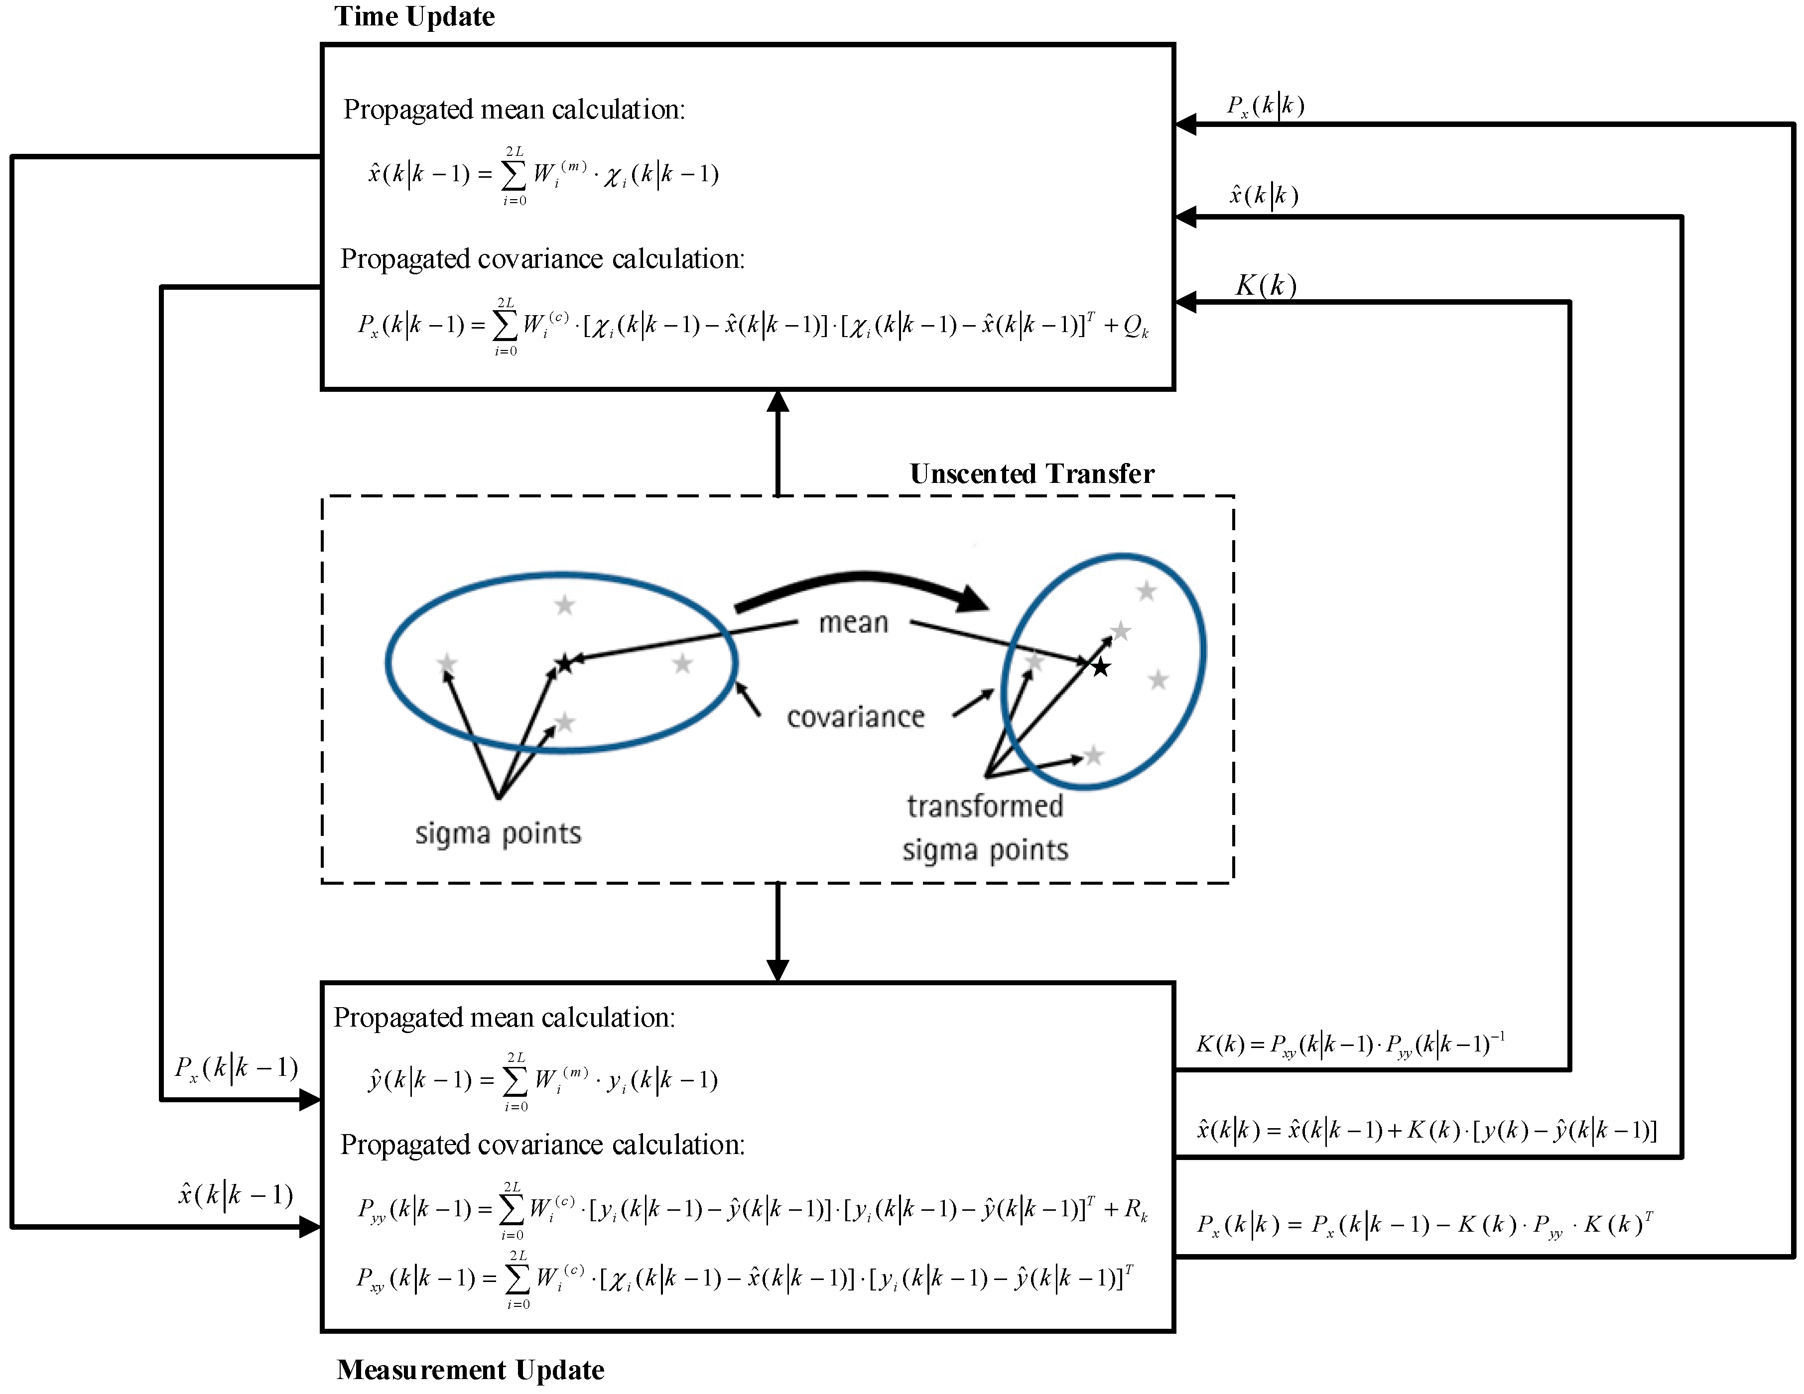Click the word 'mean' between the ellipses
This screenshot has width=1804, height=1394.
pos(853,623)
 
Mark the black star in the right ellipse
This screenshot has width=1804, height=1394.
pos(1101,667)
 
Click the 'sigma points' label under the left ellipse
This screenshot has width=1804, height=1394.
pos(498,834)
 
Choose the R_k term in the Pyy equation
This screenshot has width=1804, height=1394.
pos(1137,1211)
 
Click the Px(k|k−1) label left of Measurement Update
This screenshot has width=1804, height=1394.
pos(236,1068)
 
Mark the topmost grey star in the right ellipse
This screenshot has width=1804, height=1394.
pos(1146,590)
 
